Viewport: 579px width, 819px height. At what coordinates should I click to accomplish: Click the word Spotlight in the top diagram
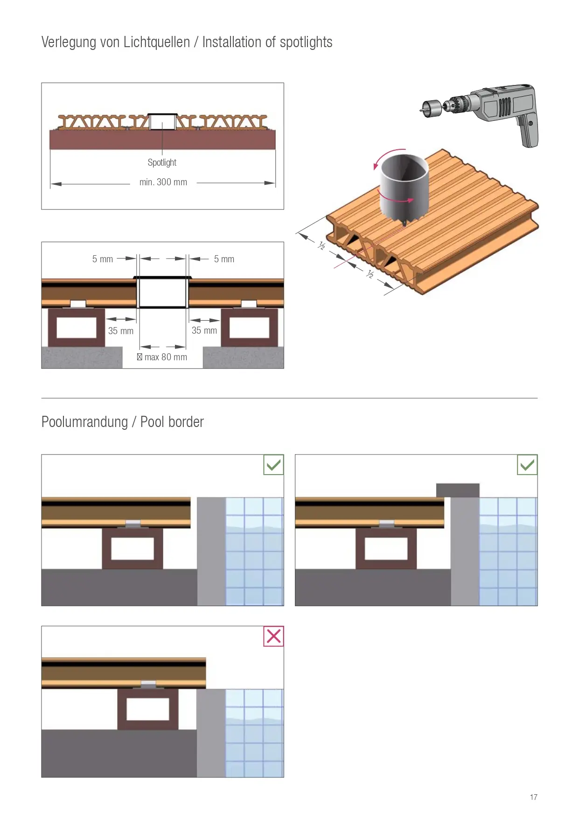162,162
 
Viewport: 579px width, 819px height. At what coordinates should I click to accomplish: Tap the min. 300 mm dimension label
163,182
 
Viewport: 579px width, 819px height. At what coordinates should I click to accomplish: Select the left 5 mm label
103,259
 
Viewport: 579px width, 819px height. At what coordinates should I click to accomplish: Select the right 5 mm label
224,259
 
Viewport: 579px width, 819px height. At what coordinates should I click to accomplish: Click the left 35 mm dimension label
121,331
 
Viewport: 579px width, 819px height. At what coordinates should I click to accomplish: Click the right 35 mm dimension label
204,330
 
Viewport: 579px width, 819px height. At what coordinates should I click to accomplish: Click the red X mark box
274,637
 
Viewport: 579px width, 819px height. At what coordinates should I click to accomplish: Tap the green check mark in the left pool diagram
274,465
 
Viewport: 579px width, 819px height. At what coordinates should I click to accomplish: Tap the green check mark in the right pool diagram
527,465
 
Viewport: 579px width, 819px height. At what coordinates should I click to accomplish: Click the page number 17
534,797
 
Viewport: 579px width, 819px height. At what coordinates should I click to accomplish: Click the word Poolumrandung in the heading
84,422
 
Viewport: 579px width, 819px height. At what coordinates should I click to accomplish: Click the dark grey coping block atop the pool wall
458,490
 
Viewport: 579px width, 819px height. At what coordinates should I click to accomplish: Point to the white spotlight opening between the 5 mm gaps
163,292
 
